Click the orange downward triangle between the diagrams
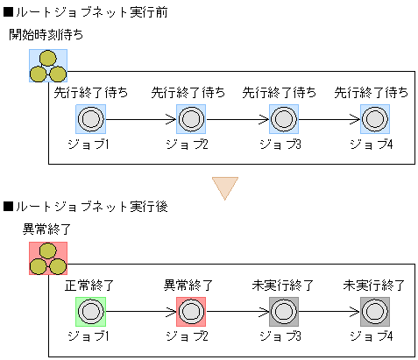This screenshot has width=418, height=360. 225,187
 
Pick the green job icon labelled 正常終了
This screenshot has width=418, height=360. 90,312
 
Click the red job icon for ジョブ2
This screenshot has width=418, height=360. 191,312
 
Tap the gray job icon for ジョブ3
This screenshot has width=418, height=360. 284,312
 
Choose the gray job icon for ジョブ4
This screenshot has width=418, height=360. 374,312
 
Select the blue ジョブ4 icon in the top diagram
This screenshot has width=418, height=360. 374,118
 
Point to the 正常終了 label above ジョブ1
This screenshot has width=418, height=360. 89,286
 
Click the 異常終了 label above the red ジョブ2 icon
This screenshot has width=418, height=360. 189,286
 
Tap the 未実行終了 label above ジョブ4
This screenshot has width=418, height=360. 374,286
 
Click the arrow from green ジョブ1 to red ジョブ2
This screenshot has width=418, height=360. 140,312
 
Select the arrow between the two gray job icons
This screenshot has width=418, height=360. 329,312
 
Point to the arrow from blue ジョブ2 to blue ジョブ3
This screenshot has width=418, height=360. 237,118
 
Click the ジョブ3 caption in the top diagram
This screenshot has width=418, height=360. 282,142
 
